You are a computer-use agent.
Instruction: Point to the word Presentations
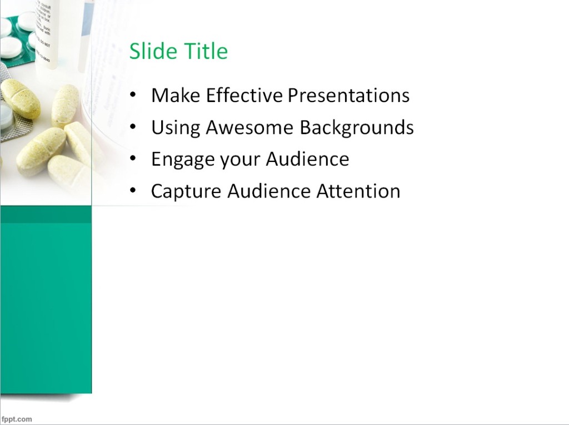[348, 95]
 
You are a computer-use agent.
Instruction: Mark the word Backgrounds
[357, 128]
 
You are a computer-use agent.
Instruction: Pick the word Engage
[183, 160]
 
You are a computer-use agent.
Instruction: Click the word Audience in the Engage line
[307, 160]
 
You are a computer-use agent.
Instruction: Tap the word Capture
[186, 191]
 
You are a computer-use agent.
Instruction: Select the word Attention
[358, 191]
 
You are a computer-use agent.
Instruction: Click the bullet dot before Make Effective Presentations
[132, 95]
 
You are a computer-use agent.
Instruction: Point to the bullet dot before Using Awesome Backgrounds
[132, 128]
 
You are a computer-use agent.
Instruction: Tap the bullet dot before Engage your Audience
[132, 160]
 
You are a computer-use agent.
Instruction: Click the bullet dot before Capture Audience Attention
[132, 191]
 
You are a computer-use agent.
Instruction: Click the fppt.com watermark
[17, 419]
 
